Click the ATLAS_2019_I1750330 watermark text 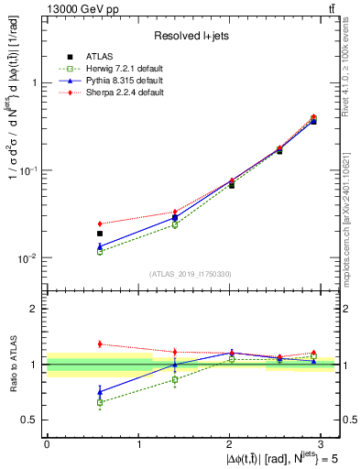(191, 274)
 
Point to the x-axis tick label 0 (47, 443)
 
